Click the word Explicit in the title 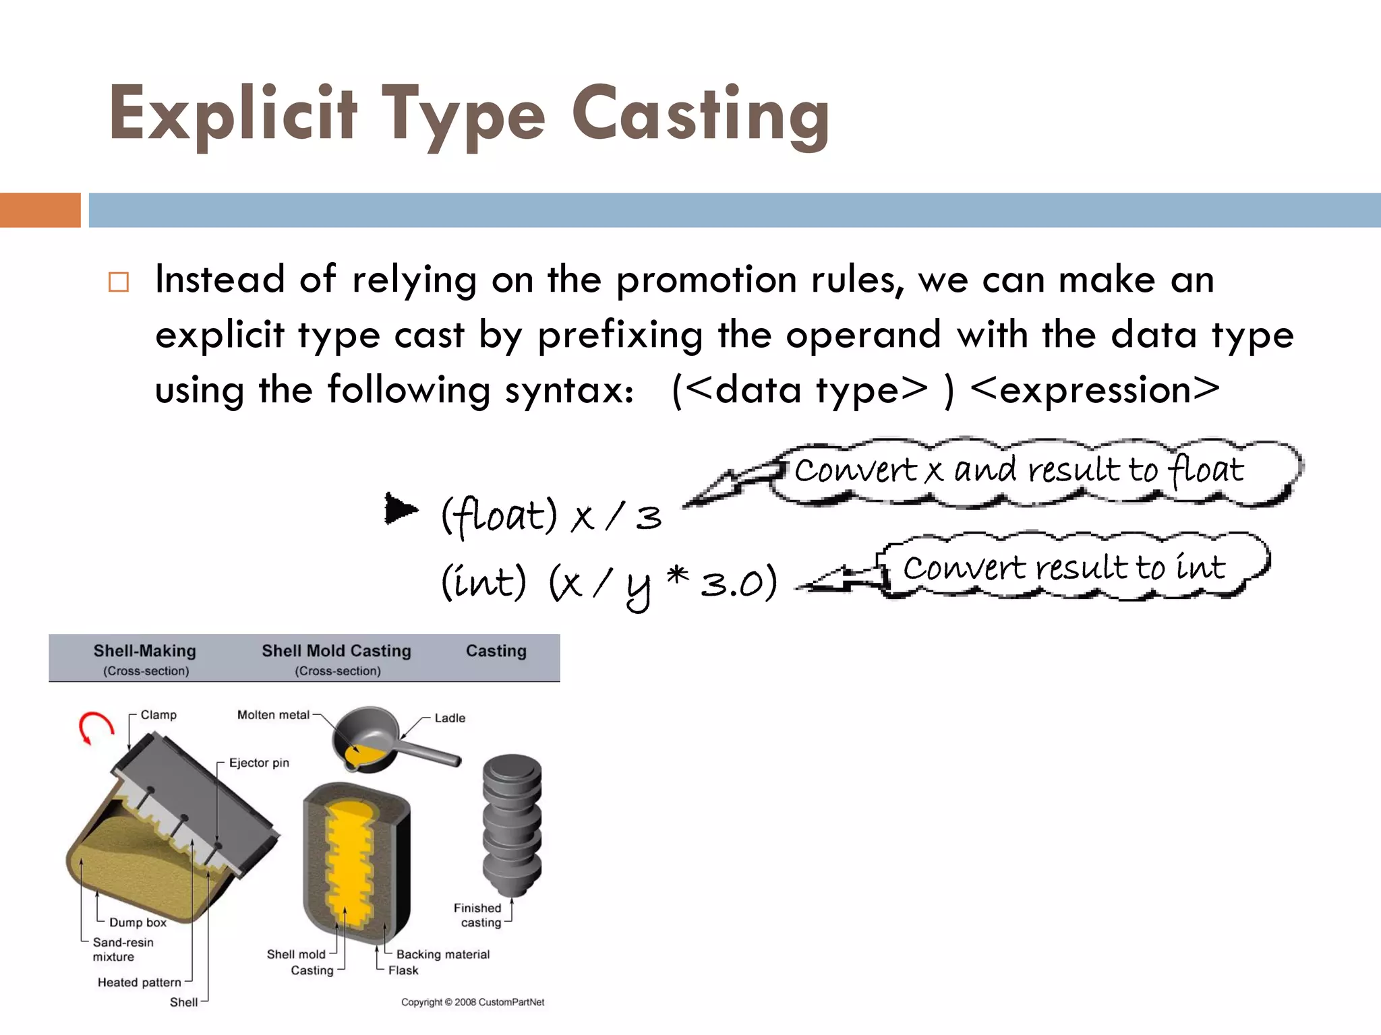(x=233, y=115)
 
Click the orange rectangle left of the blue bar (x=40, y=210)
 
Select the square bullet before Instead (x=119, y=282)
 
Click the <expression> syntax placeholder (x=1095, y=390)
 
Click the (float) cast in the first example (x=499, y=516)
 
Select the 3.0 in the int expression (x=731, y=584)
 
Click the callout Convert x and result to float (x=1018, y=470)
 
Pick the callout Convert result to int (x=1064, y=567)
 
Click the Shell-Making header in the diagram (x=144, y=652)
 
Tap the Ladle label (x=450, y=718)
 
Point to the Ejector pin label (x=259, y=763)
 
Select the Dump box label (x=138, y=922)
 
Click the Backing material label (x=442, y=954)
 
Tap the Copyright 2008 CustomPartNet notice (x=472, y=1002)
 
